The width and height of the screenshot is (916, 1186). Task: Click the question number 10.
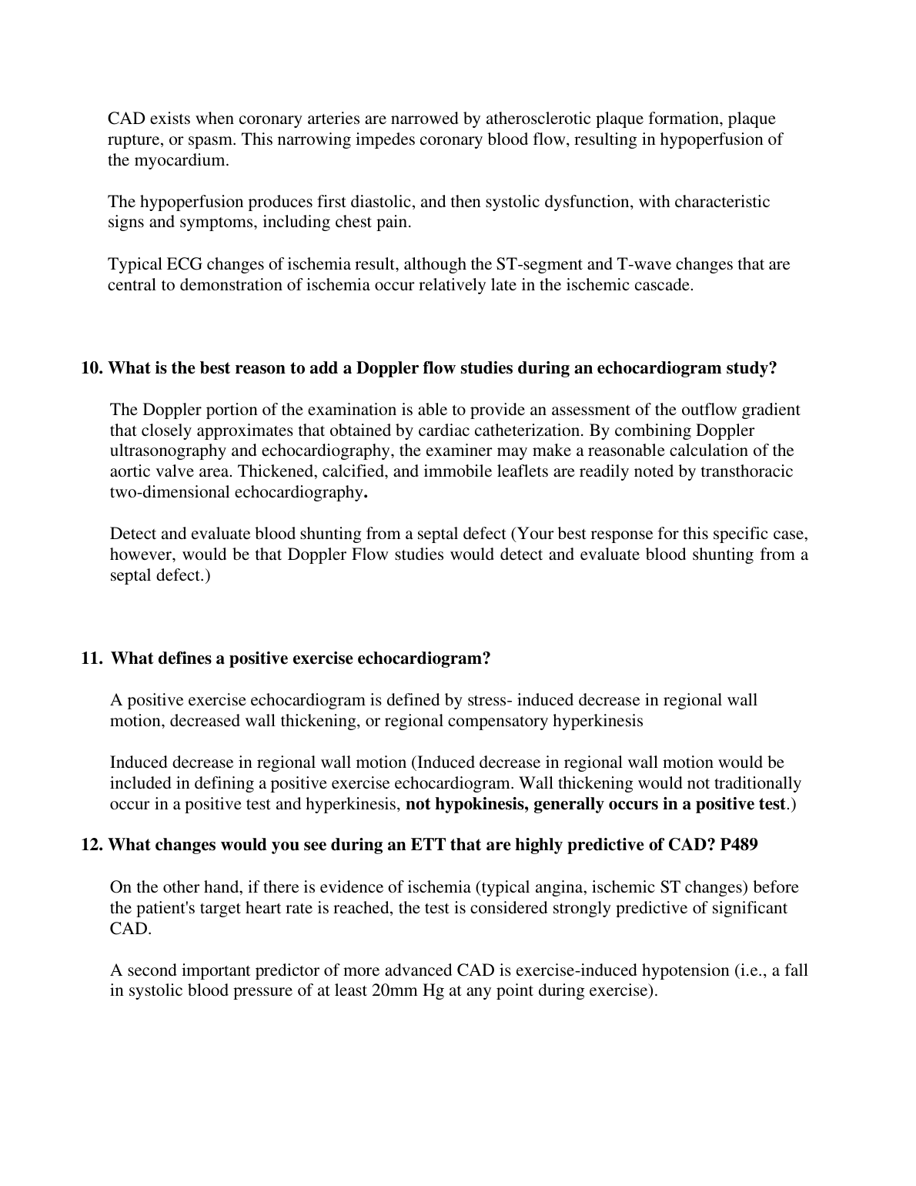[x=92, y=368]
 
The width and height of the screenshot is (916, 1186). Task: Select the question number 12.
[x=92, y=845]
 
